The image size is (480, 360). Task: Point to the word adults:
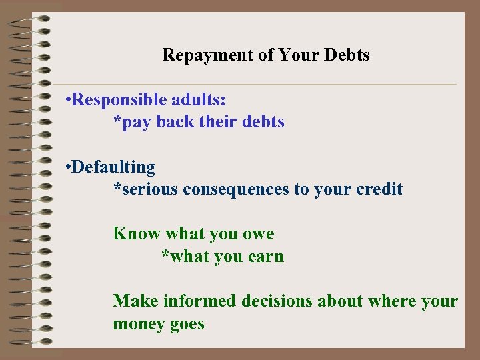coord(199,100)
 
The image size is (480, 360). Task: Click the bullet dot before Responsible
coord(69,101)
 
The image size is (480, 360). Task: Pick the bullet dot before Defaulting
coord(69,167)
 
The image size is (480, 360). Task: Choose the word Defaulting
coord(114,167)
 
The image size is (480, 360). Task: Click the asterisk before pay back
coord(117,121)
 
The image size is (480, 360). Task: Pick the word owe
coord(259,235)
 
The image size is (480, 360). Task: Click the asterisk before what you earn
coord(165,255)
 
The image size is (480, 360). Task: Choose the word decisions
coord(277,301)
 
